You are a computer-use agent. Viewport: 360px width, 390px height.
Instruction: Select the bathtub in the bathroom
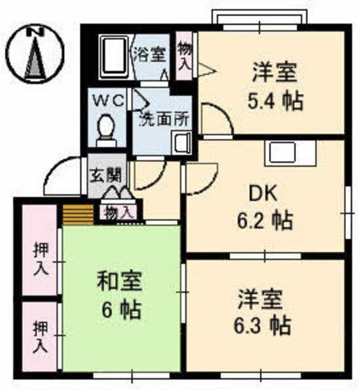pyautogui.click(x=112, y=58)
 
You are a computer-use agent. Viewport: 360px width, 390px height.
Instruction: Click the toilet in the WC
pyautogui.click(x=107, y=129)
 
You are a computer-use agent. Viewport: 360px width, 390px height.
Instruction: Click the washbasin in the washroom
pyautogui.click(x=181, y=144)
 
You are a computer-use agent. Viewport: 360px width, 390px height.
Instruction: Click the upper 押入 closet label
pyautogui.click(x=39, y=258)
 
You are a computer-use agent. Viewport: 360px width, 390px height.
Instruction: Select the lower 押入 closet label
pyautogui.click(x=39, y=337)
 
